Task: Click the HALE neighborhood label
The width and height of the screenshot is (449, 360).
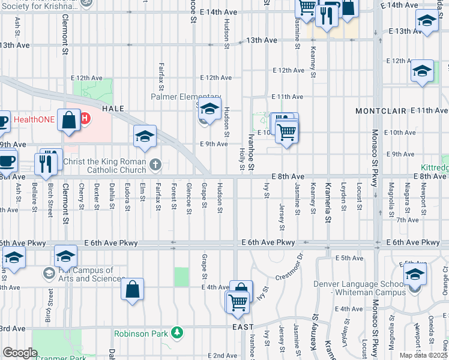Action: click(x=113, y=109)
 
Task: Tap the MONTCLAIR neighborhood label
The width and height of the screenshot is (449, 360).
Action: click(x=381, y=112)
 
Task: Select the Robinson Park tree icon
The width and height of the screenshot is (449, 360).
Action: click(x=176, y=332)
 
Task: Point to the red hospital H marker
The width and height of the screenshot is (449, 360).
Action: click(x=85, y=119)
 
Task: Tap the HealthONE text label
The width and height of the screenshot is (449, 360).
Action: click(x=34, y=119)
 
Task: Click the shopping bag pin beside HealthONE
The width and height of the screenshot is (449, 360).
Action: click(x=70, y=119)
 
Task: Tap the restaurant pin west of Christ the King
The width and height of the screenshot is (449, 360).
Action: click(x=46, y=163)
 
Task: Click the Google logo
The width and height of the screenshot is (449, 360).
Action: click(x=20, y=353)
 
